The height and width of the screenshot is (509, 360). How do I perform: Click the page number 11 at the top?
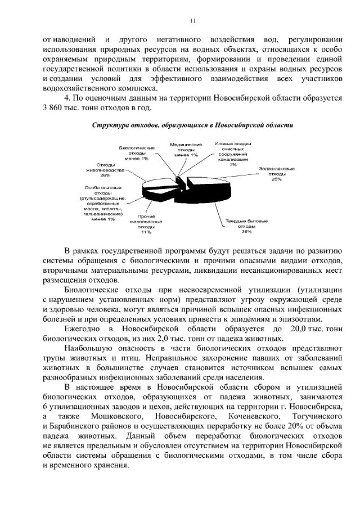click(192, 21)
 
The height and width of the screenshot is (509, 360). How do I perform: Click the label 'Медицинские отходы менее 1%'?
click(186, 150)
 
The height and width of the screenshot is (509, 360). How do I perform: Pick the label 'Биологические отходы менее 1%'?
click(137, 153)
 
